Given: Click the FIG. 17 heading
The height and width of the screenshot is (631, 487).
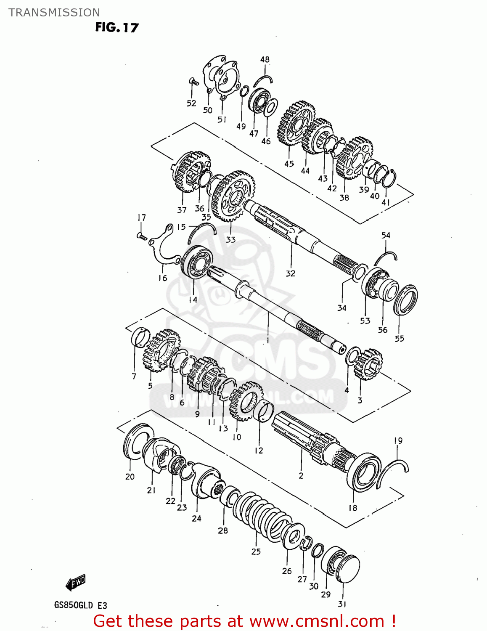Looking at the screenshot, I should coord(116,27).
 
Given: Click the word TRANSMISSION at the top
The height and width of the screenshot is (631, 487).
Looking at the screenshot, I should coord(54,12).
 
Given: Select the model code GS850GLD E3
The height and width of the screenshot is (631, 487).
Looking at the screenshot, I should coord(80,605).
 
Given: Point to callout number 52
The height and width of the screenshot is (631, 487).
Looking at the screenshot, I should coord(191,103).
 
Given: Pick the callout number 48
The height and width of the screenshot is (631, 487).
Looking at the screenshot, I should coord(265,60).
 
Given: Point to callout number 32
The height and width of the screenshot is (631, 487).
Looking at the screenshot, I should coord(291,273).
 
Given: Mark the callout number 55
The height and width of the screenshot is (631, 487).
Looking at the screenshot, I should coord(399,339).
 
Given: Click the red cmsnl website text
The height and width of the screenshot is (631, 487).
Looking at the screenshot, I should coord(244,621).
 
